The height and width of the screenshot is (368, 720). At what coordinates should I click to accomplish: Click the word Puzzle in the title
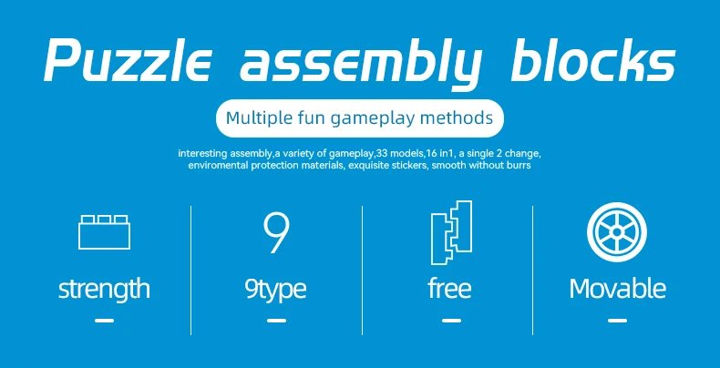(129, 59)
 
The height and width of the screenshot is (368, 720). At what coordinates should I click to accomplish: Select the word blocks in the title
(593, 59)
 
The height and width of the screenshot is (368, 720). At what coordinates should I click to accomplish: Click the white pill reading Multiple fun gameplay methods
(359, 118)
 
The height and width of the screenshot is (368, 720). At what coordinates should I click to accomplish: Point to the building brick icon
(104, 232)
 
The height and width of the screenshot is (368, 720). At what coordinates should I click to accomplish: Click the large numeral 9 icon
(276, 233)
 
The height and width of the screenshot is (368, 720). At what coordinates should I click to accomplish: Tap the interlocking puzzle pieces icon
(451, 232)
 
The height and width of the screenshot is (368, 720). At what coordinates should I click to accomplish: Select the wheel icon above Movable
(617, 232)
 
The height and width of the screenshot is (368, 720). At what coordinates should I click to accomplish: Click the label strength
(104, 289)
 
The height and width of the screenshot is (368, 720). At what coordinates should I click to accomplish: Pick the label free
(449, 288)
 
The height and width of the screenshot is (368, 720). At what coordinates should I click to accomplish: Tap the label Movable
(618, 289)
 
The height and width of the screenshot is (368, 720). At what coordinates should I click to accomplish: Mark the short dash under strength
(104, 321)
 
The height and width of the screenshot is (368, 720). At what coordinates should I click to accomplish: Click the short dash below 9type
(276, 321)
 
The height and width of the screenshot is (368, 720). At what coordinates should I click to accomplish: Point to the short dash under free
(451, 321)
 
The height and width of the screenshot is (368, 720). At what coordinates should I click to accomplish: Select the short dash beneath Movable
(617, 321)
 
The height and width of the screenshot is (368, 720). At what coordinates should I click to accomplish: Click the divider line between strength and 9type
(191, 271)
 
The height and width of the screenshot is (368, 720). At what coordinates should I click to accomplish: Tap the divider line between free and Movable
(532, 271)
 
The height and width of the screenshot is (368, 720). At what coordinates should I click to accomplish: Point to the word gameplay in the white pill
(370, 119)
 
